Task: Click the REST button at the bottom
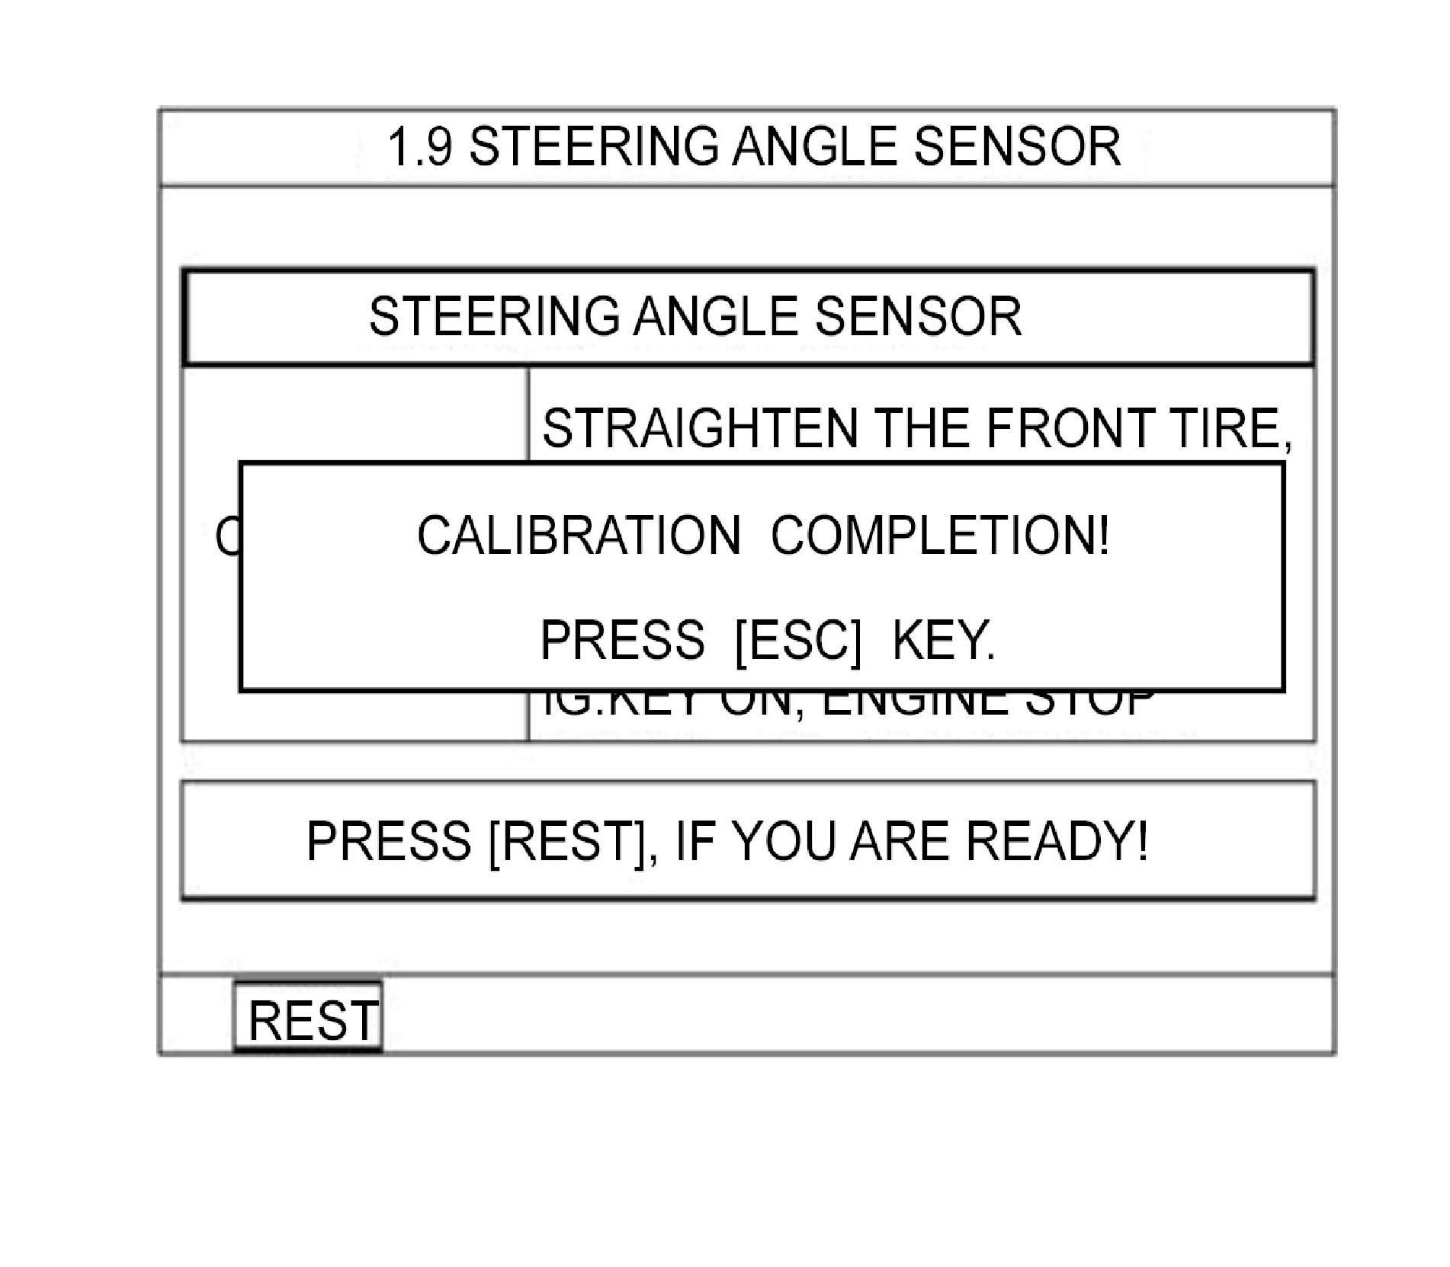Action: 313,1020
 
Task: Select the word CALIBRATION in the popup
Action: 578,535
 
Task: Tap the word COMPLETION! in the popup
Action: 939,535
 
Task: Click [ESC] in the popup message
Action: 797,640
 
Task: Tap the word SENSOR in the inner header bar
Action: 918,316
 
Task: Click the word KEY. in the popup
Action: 943,640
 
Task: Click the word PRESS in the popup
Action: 622,640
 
